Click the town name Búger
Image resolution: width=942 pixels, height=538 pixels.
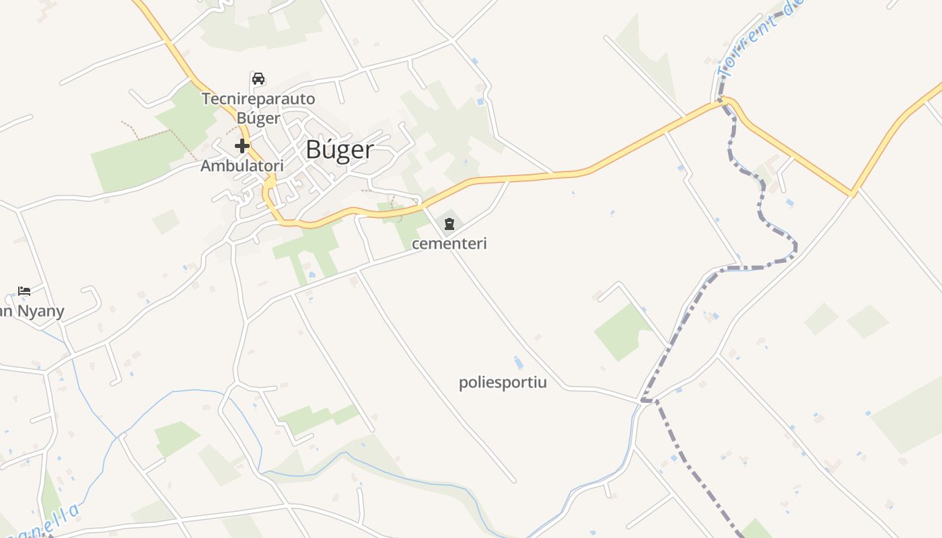pos(339,150)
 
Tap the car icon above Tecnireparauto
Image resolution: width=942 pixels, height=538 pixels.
pos(258,78)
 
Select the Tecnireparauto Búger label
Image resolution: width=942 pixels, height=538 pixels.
pos(258,108)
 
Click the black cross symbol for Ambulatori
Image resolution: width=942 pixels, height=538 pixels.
pos(242,146)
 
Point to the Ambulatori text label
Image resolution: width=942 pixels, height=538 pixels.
pos(242,165)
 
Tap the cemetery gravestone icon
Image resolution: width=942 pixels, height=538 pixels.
pos(449,223)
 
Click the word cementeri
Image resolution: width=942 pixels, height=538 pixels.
pos(449,243)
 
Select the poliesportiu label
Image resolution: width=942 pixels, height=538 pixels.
pos(503,383)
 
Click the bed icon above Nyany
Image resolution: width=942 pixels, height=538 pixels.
pos(24,291)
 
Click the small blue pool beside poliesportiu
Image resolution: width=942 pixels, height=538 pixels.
pos(517,363)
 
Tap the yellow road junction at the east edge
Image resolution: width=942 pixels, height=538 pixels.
pos(853,194)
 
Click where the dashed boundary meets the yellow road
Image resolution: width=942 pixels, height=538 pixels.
pos(723,102)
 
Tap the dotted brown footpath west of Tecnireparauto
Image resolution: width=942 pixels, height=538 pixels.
pos(155,134)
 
